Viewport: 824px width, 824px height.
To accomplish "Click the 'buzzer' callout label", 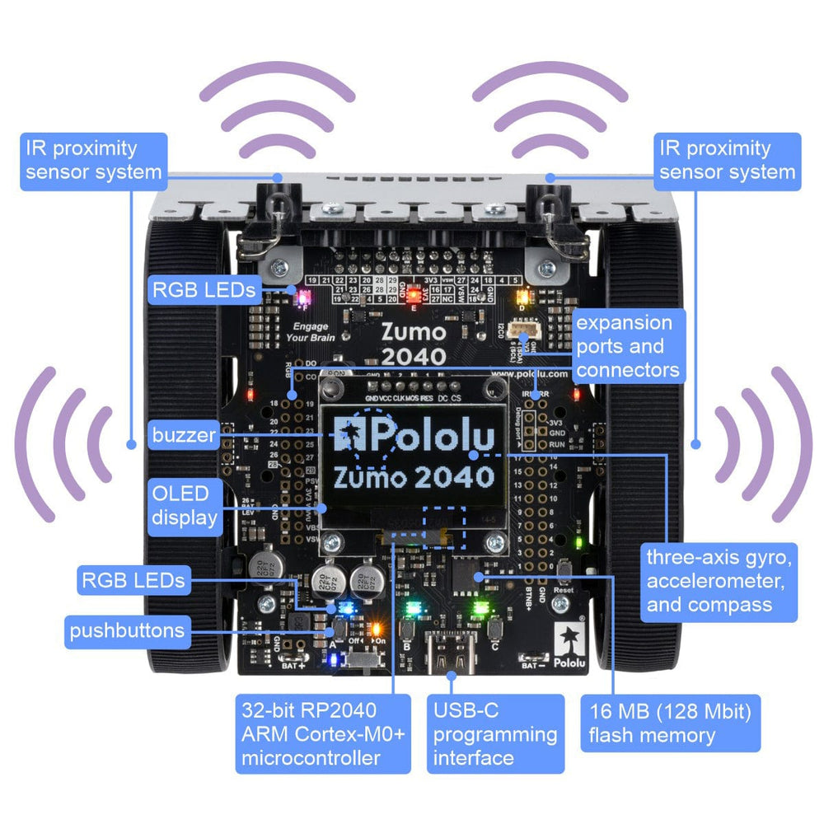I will click(x=183, y=434).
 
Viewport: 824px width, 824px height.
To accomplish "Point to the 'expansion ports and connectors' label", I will click(x=629, y=346).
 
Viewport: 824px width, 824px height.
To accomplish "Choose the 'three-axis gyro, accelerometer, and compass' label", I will click(x=719, y=581).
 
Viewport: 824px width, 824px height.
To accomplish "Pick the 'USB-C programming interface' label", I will click(x=495, y=733).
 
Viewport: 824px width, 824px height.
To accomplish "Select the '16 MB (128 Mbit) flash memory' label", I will click(x=669, y=723).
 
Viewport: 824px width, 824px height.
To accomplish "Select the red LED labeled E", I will click(x=412, y=293).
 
